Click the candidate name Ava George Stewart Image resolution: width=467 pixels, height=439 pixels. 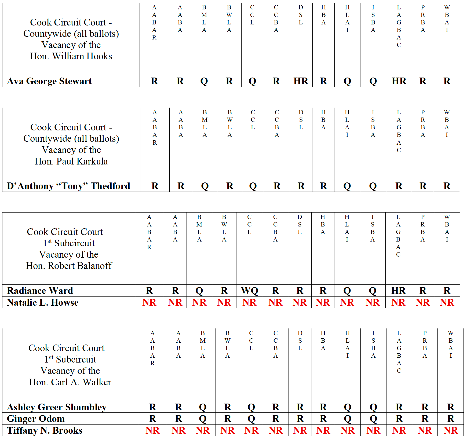(49, 81)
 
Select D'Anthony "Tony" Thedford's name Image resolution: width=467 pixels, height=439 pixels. (68, 186)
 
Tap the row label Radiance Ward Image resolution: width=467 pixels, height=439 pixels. (40, 291)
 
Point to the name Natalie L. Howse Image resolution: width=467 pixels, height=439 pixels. (43, 302)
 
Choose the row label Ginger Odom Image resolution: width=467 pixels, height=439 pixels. (36, 419)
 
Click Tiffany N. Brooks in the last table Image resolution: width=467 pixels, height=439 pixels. (45, 430)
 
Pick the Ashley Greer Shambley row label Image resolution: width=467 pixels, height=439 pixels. (57, 407)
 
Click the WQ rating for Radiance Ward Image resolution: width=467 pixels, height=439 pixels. (249, 291)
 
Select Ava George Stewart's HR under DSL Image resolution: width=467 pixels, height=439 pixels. (301, 81)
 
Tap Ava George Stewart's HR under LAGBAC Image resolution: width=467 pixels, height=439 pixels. (399, 81)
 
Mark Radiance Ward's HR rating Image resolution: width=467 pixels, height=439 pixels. (398, 291)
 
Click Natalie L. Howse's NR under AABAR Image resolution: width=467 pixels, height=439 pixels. (149, 302)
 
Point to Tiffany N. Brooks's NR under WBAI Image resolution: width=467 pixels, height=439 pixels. (451, 430)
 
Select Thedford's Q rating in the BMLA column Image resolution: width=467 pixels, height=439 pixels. (205, 186)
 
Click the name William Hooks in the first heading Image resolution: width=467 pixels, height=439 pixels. (82, 56)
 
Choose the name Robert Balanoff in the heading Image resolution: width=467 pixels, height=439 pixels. (80, 266)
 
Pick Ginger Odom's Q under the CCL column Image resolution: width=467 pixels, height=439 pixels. (251, 419)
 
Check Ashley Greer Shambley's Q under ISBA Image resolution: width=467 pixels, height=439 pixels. (373, 407)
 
